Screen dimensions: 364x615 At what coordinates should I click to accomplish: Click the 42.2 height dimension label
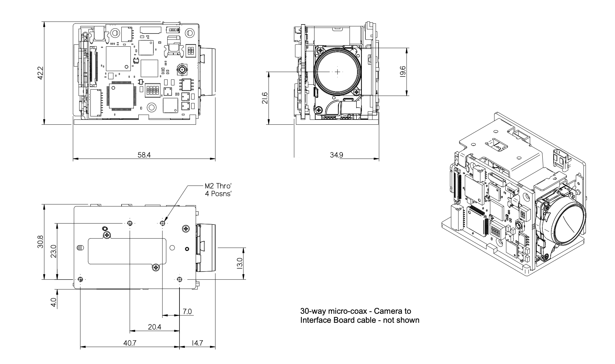point(40,73)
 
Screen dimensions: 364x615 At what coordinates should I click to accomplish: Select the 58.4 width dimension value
point(144,155)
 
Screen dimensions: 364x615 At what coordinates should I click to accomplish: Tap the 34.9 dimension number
point(336,155)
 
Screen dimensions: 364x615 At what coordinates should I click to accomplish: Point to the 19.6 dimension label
point(402,72)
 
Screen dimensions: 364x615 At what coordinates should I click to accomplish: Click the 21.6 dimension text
point(265,98)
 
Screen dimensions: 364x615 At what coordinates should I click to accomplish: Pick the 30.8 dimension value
point(40,242)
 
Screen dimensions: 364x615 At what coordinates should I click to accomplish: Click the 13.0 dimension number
point(239,263)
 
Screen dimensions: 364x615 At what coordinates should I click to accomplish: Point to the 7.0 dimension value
point(187,311)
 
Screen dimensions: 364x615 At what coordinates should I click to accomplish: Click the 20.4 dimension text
point(154,327)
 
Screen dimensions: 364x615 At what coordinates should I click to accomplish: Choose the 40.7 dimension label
point(130,343)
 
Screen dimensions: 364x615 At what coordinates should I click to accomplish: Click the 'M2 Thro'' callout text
point(218,186)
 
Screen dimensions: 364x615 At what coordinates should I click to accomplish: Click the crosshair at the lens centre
point(337,72)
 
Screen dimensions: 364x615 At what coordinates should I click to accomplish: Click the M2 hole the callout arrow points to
point(163,223)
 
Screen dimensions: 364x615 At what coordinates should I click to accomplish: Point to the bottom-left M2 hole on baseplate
point(80,279)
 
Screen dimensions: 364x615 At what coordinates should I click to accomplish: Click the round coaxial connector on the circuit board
point(181,69)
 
